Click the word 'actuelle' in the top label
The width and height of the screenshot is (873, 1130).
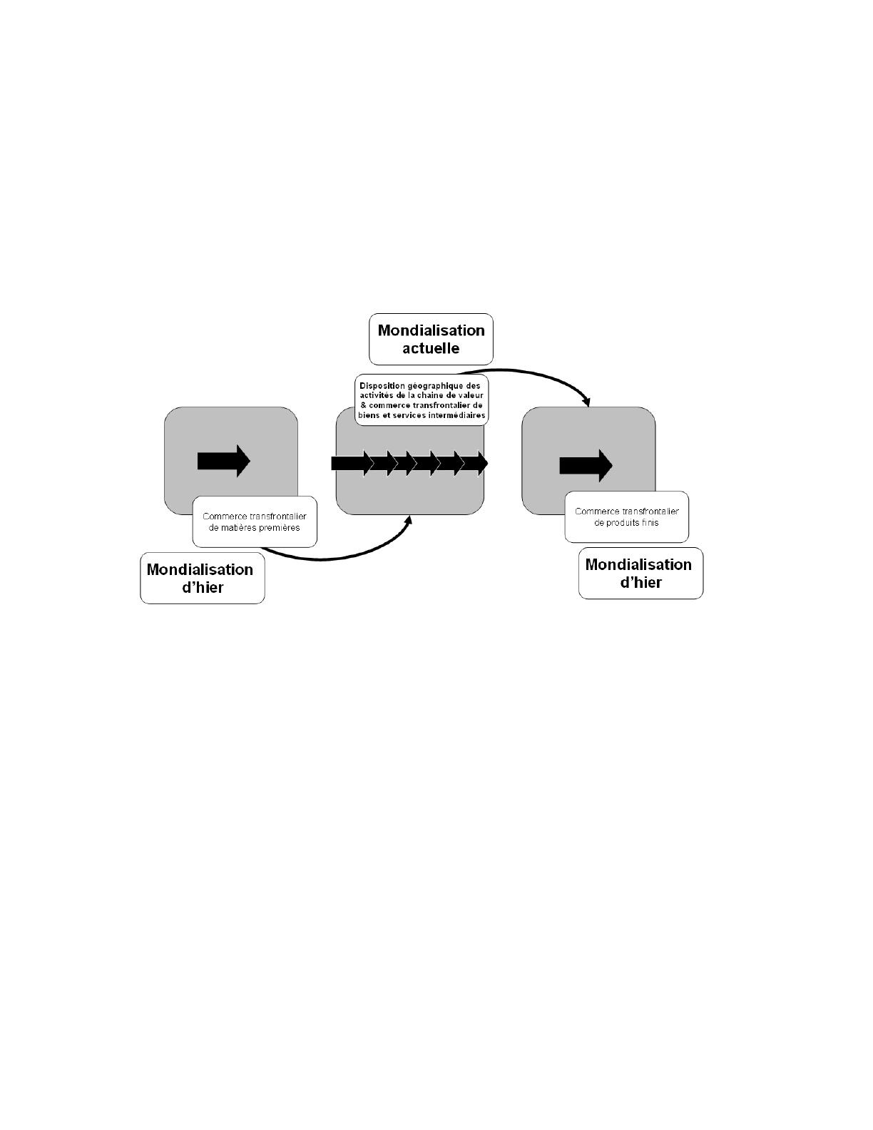431,349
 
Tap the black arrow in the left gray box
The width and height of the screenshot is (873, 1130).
223,461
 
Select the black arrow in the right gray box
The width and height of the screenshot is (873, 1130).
586,465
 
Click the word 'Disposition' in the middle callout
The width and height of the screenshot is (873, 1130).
382,386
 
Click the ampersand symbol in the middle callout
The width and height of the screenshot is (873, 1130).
363,405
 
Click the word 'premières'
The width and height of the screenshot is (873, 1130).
281,528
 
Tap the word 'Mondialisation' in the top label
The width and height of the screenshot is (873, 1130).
431,330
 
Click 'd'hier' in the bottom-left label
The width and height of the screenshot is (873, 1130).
203,588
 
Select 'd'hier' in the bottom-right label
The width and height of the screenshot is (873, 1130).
640,583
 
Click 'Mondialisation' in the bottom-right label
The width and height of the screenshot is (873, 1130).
638,564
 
